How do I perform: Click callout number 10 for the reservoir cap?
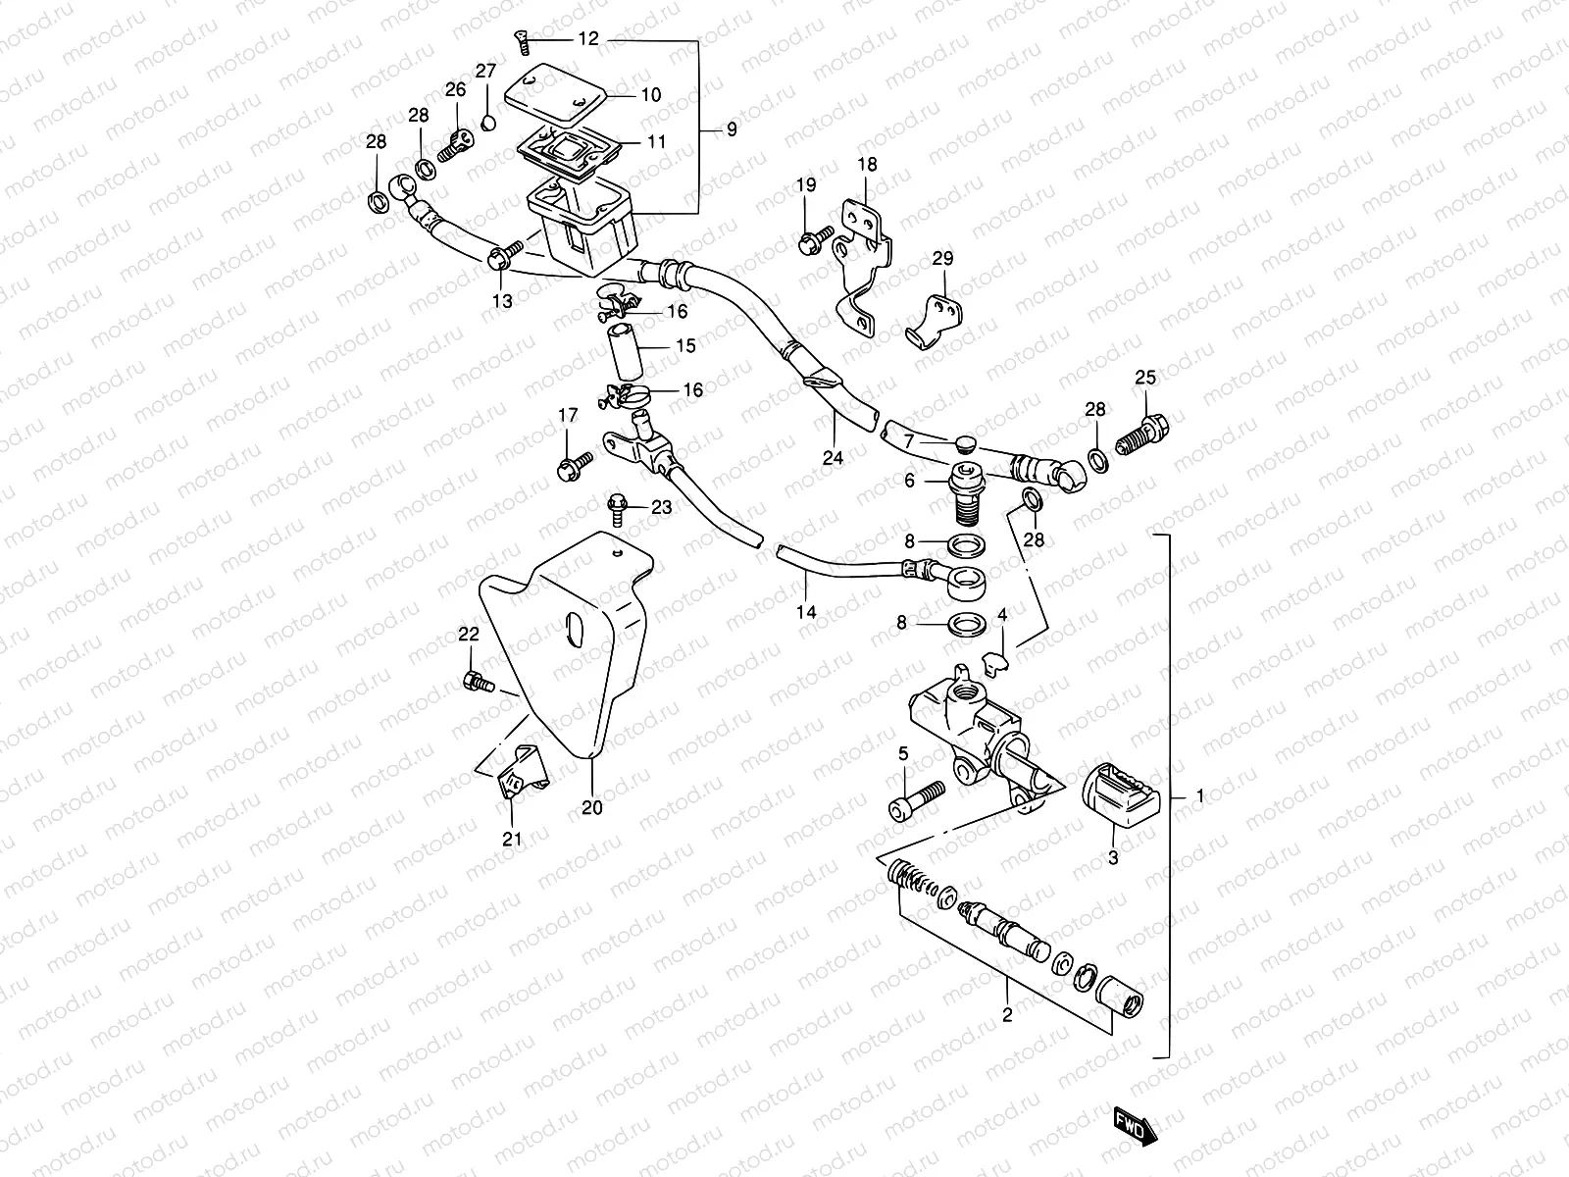[651, 95]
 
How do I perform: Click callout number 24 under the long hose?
[833, 455]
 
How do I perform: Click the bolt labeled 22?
[475, 680]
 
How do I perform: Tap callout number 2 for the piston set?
[1006, 1015]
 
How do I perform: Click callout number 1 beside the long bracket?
[1200, 796]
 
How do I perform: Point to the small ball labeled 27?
[486, 122]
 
